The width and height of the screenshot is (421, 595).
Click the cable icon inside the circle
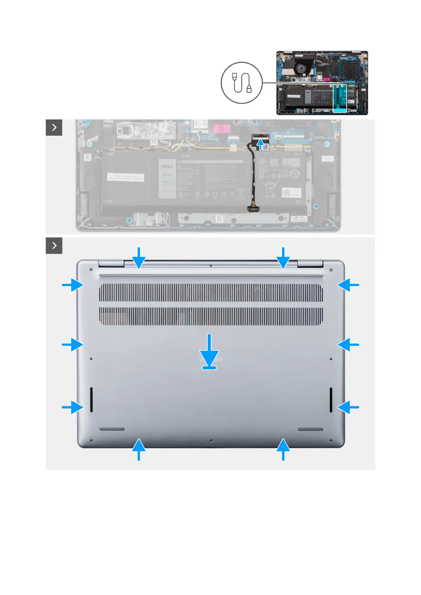click(x=242, y=83)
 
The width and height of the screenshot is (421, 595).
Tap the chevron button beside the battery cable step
click(x=54, y=127)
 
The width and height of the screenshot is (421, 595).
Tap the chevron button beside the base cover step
click(x=54, y=245)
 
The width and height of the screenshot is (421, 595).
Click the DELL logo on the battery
click(x=167, y=166)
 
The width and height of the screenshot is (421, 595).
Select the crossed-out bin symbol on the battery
click(x=270, y=189)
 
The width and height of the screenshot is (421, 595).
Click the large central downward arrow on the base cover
click(x=210, y=352)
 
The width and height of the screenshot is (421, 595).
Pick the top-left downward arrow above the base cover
click(x=139, y=258)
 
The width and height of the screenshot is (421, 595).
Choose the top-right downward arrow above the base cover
click(x=283, y=258)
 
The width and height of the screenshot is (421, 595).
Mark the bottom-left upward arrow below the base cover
click(x=139, y=449)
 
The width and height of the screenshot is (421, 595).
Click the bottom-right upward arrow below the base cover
click(x=283, y=449)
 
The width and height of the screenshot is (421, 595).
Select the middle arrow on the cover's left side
click(x=72, y=344)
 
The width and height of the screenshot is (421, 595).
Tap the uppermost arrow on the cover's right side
click(x=349, y=284)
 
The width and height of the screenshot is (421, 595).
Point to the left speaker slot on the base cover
click(x=92, y=400)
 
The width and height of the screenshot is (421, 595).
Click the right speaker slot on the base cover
click(x=331, y=400)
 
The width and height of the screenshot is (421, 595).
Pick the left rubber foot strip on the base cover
click(x=112, y=429)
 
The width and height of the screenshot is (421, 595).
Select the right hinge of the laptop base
click(x=310, y=263)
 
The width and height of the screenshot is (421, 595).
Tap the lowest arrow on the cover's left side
click(x=72, y=407)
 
